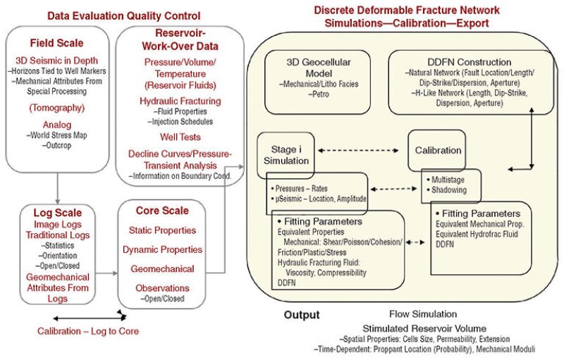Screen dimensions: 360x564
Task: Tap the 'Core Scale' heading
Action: pos(161,211)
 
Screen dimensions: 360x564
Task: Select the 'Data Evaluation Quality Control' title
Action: pos(123,15)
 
